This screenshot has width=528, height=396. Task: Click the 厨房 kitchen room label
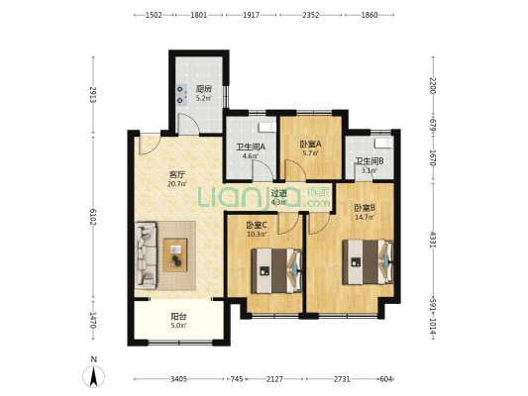[202, 89]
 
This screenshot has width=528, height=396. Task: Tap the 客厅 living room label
[178, 174]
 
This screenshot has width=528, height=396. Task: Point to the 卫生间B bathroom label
[369, 161]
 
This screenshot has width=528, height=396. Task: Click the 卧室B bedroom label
[364, 206]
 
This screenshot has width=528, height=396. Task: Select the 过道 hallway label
[279, 193]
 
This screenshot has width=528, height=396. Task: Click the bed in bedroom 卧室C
[276, 267]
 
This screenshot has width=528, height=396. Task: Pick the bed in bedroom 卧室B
[368, 262]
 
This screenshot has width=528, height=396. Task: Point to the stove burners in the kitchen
[181, 93]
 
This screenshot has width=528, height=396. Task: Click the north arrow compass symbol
[94, 375]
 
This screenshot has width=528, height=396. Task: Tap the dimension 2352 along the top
[311, 16]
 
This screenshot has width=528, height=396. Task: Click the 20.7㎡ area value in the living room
[178, 184]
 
